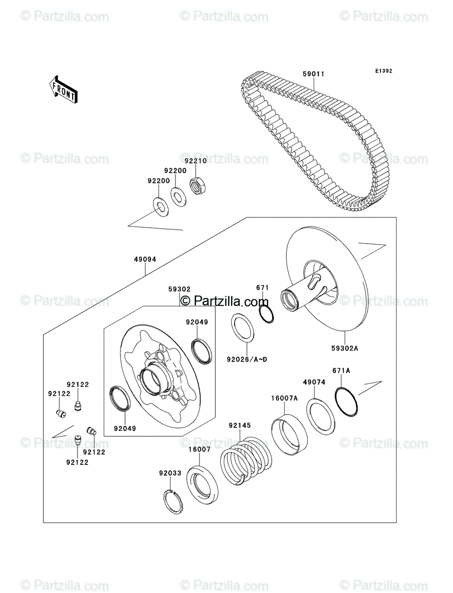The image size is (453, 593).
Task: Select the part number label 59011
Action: pyautogui.click(x=313, y=75)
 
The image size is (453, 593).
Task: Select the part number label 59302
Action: pyautogui.click(x=179, y=289)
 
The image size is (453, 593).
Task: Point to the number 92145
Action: pyautogui.click(x=240, y=425)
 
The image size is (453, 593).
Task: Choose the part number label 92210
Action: pyautogui.click(x=196, y=161)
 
